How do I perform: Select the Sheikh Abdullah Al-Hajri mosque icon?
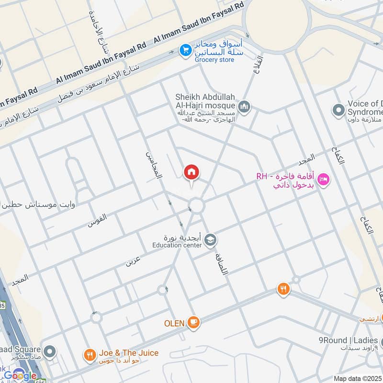(x=244, y=105)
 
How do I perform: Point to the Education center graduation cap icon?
(x=210, y=239)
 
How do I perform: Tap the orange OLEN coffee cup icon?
(x=193, y=322)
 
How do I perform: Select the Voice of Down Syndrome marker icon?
(x=338, y=110)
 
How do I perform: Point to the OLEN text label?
(x=174, y=323)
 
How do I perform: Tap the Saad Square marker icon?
(x=50, y=352)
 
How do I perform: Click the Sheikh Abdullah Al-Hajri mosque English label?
(x=205, y=101)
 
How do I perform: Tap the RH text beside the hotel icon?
(x=261, y=176)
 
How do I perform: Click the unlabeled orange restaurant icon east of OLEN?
(x=283, y=289)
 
